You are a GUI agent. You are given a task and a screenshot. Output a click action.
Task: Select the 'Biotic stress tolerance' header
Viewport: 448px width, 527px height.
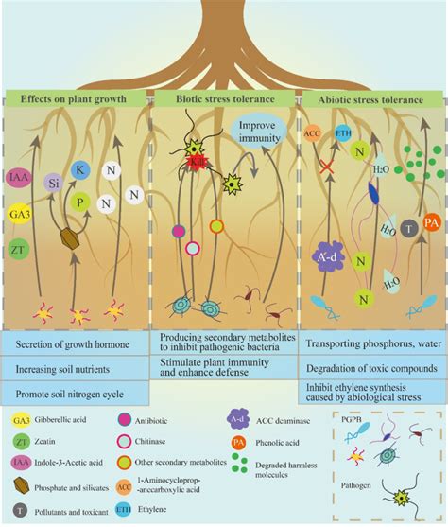tap(225, 97)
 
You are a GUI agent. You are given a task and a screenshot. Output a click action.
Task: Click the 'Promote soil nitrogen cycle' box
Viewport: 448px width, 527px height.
tap(76, 392)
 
